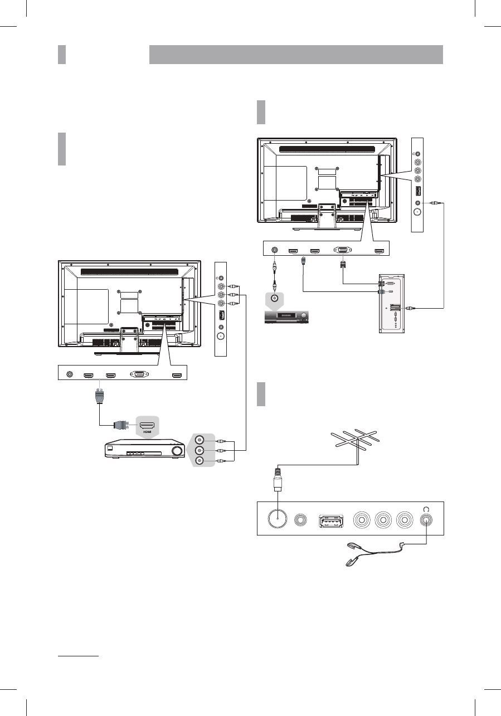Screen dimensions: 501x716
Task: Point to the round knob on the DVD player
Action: tap(178, 451)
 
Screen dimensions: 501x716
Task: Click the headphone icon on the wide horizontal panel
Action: tap(427, 508)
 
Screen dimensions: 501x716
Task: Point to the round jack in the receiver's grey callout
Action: tap(274, 298)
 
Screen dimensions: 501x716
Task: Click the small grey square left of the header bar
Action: tap(62, 55)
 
